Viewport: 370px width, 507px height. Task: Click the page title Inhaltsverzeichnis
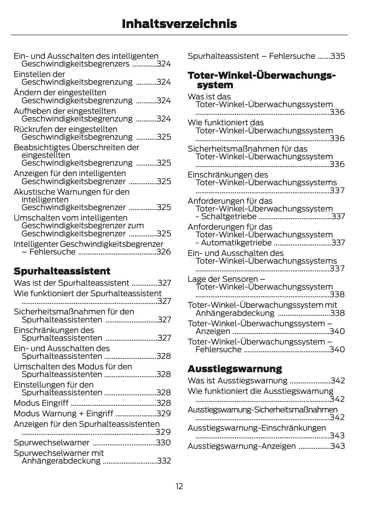click(179, 24)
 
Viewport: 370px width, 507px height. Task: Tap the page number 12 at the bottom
click(179, 486)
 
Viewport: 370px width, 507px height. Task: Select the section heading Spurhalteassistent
click(62, 271)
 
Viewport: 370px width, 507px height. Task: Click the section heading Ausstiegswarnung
click(235, 369)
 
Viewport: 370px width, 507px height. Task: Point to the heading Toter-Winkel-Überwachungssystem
click(261, 80)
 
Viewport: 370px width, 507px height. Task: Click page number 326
click(164, 252)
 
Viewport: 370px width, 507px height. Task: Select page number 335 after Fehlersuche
click(337, 56)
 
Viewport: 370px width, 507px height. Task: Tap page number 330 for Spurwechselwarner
click(163, 443)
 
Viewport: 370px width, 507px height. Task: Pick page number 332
click(164, 461)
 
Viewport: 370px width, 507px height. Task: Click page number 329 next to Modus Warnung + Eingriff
click(164, 414)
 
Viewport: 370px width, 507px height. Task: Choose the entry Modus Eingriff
click(41, 403)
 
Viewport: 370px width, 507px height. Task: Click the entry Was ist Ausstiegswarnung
click(237, 381)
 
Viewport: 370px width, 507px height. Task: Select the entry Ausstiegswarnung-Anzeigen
click(242, 446)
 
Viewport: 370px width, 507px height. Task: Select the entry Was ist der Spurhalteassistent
click(71, 283)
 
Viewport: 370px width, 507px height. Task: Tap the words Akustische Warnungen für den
click(72, 192)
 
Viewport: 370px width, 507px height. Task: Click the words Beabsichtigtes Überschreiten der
click(76, 147)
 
